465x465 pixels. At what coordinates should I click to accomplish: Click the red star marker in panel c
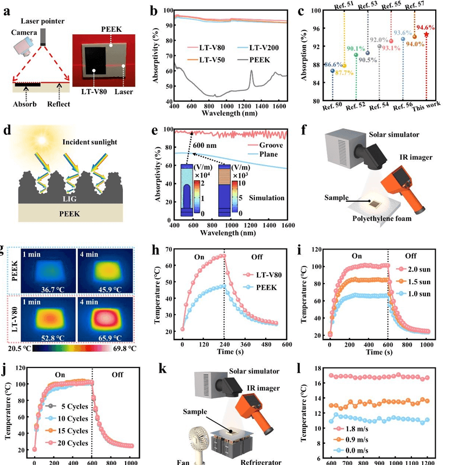[427, 34]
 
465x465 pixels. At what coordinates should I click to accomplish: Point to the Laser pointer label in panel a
[42, 21]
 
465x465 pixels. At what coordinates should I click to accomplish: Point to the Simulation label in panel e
[265, 198]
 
